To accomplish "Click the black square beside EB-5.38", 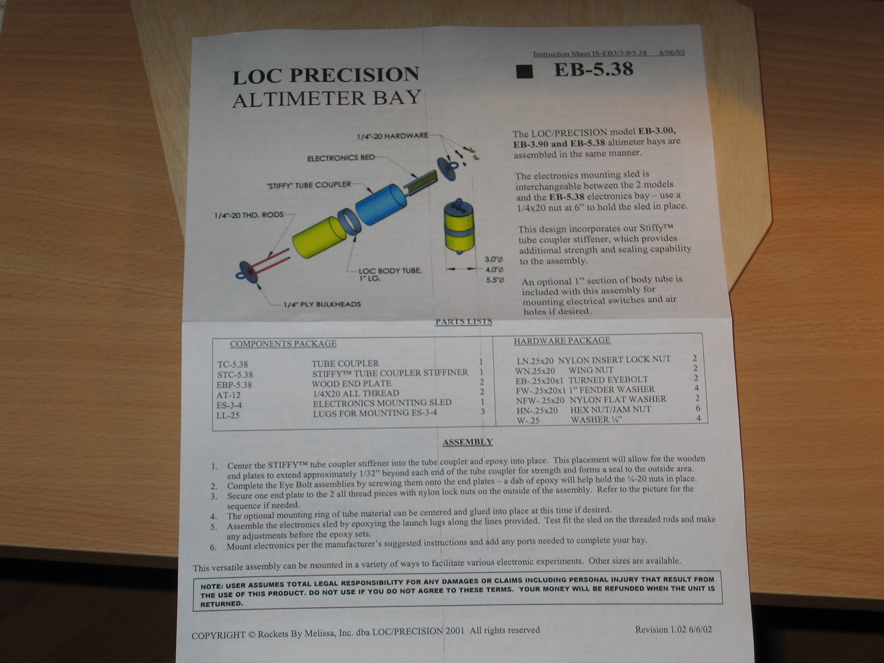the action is pyautogui.click(x=525, y=72).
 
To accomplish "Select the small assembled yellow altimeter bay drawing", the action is pyautogui.click(x=459, y=227).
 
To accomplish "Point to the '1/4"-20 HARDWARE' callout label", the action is pyautogui.click(x=393, y=136).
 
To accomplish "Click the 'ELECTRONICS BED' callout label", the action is pyautogui.click(x=341, y=158).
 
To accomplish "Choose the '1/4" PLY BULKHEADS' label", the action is pyautogui.click(x=322, y=304).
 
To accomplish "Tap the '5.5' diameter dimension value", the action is pyautogui.click(x=495, y=280).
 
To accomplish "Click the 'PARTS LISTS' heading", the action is pyautogui.click(x=464, y=321).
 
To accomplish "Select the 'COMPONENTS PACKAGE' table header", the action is pyautogui.click(x=283, y=344).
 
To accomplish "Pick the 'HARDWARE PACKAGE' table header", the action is pyautogui.click(x=562, y=340).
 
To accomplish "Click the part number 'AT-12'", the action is pyautogui.click(x=228, y=395).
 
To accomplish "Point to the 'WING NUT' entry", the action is pyautogui.click(x=591, y=370).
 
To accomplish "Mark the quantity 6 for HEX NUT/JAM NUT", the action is pyautogui.click(x=698, y=408).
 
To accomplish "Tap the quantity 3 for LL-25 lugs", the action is pyautogui.click(x=482, y=412).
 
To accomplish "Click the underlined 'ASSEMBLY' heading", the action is pyautogui.click(x=467, y=442).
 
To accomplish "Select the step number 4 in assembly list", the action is pyautogui.click(x=213, y=517).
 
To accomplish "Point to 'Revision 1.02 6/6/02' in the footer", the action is pyautogui.click(x=673, y=630).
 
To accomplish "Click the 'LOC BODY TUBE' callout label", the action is pyautogui.click(x=390, y=271).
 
